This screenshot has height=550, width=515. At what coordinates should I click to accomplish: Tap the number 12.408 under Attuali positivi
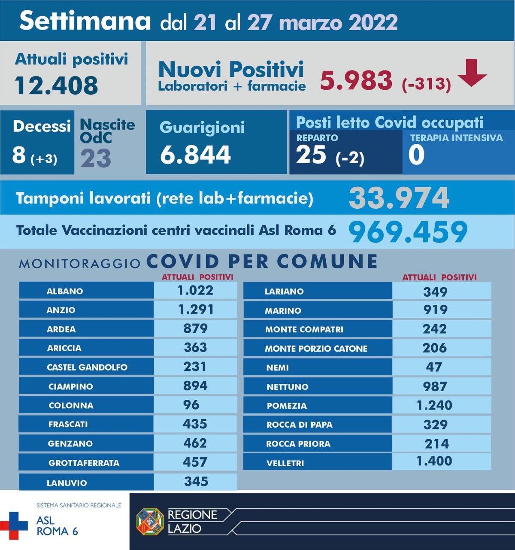click(x=56, y=85)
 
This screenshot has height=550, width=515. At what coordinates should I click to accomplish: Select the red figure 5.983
click(x=356, y=80)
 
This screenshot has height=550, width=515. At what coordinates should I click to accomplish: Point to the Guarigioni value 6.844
click(x=195, y=155)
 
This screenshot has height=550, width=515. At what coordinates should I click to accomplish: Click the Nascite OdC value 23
click(x=96, y=158)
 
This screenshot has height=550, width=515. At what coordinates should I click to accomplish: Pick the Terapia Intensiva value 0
click(x=416, y=155)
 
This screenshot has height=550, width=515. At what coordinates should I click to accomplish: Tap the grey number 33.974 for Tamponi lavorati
click(x=399, y=198)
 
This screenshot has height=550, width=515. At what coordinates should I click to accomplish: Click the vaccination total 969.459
click(x=407, y=231)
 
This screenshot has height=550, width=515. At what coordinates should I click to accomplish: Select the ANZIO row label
click(x=61, y=310)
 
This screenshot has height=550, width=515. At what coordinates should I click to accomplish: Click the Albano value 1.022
click(x=195, y=290)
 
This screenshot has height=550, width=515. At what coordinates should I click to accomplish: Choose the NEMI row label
click(x=277, y=368)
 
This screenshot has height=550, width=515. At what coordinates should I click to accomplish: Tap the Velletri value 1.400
click(x=434, y=461)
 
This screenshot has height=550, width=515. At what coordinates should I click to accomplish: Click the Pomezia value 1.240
click(x=434, y=405)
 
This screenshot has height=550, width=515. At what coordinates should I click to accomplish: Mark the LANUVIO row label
click(x=67, y=483)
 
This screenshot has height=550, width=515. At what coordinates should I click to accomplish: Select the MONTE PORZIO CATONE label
click(x=316, y=349)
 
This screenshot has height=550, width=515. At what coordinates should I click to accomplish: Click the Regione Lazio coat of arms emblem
click(x=150, y=521)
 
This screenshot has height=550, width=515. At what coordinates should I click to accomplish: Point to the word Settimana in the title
click(x=85, y=21)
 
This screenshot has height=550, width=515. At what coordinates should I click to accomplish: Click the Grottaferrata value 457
click(x=195, y=462)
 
